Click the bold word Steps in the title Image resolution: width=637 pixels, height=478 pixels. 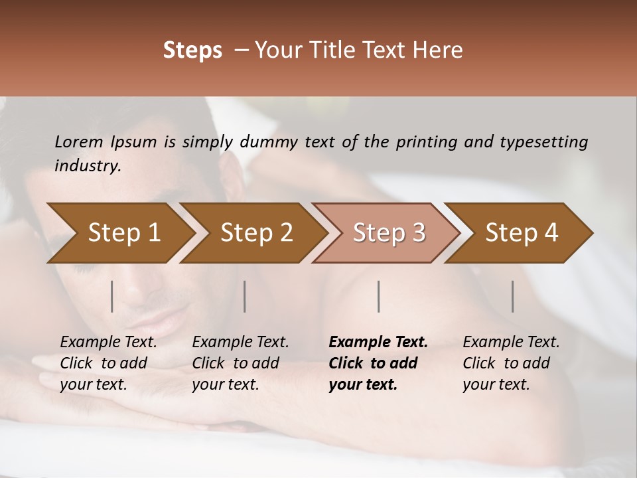point(192,50)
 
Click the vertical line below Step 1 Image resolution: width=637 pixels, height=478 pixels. point(112,296)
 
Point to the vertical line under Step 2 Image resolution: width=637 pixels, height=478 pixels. point(245,296)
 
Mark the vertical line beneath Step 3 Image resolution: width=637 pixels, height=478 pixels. point(379,296)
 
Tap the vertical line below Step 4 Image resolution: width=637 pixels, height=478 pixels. point(512,296)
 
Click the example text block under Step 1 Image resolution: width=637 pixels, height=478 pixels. point(108,363)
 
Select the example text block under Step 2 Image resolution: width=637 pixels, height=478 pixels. point(240,363)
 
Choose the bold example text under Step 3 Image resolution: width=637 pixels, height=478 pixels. point(378,363)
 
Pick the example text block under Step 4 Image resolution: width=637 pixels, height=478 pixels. point(511,363)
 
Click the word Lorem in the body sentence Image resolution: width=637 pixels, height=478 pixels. point(79,142)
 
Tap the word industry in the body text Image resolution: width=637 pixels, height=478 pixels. point(88,166)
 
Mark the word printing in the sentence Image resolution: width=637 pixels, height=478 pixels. point(427,142)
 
